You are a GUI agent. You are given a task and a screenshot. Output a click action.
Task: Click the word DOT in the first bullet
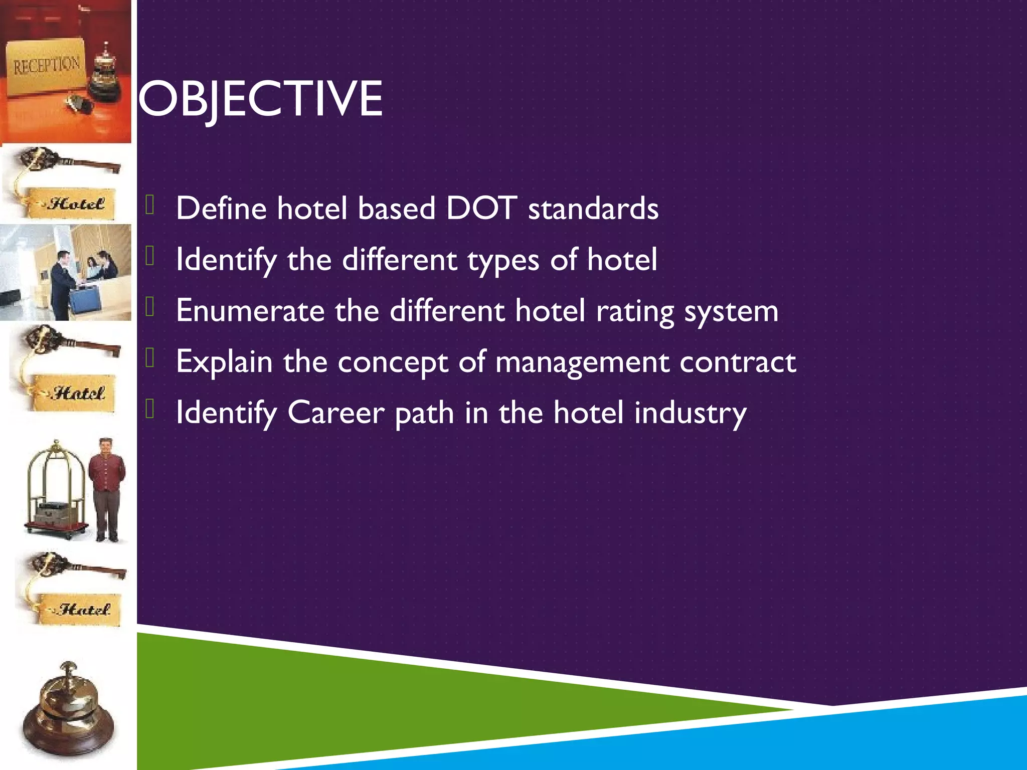[x=481, y=208]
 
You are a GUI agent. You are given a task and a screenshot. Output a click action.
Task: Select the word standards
[x=593, y=209]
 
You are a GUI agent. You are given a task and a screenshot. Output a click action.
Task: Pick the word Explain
[x=224, y=362]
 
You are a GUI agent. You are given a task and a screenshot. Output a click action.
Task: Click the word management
[x=582, y=363]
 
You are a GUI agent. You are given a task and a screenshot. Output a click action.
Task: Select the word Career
[x=335, y=413]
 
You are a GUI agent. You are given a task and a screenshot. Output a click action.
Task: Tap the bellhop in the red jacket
[x=106, y=489]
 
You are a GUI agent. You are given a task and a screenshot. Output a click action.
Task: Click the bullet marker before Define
[x=149, y=205]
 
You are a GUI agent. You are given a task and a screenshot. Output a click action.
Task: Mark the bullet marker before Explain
[x=149, y=358]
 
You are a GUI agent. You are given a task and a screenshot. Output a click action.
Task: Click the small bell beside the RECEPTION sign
[x=106, y=73]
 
